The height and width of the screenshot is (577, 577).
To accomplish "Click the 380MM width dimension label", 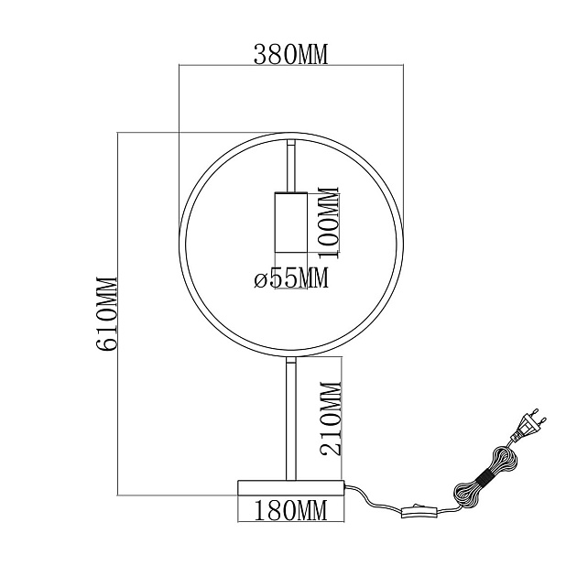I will pos(290,55).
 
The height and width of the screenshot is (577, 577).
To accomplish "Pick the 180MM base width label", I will pos(290,510).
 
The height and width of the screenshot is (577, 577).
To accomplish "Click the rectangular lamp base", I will pos(290,487).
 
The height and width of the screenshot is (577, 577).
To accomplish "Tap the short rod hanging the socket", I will pos(290,165).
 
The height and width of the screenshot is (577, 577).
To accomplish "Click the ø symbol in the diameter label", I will pos(260,279).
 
